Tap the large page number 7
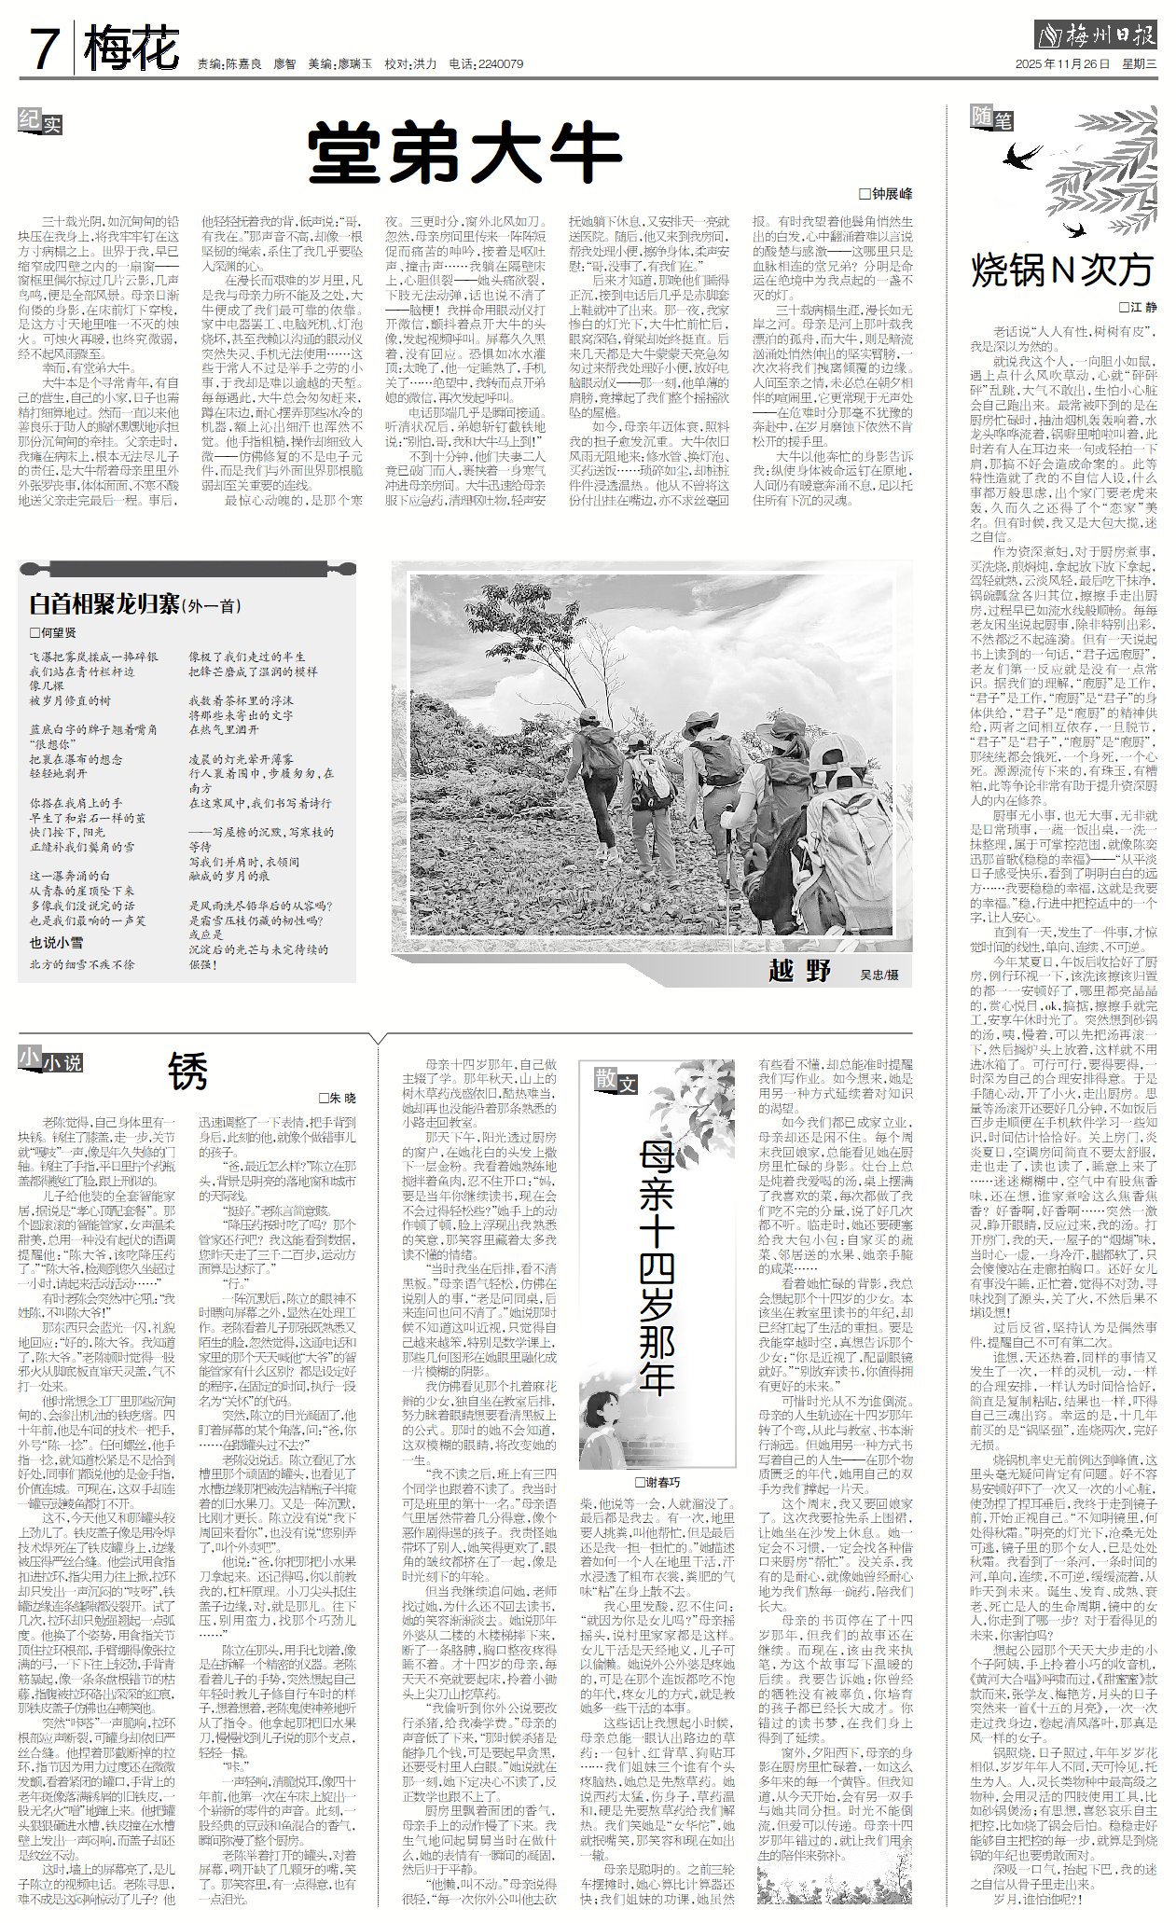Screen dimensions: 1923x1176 coord(45,48)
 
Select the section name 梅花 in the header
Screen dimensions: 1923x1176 coord(131,48)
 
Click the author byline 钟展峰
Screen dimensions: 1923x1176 coord(892,194)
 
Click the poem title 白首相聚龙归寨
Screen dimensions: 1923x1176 coord(104,604)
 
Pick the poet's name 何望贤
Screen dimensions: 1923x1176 coord(57,633)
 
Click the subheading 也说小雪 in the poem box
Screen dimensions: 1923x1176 coord(56,943)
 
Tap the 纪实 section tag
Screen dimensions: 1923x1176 coord(41,120)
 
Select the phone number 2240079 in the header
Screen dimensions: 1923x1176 coord(501,64)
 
